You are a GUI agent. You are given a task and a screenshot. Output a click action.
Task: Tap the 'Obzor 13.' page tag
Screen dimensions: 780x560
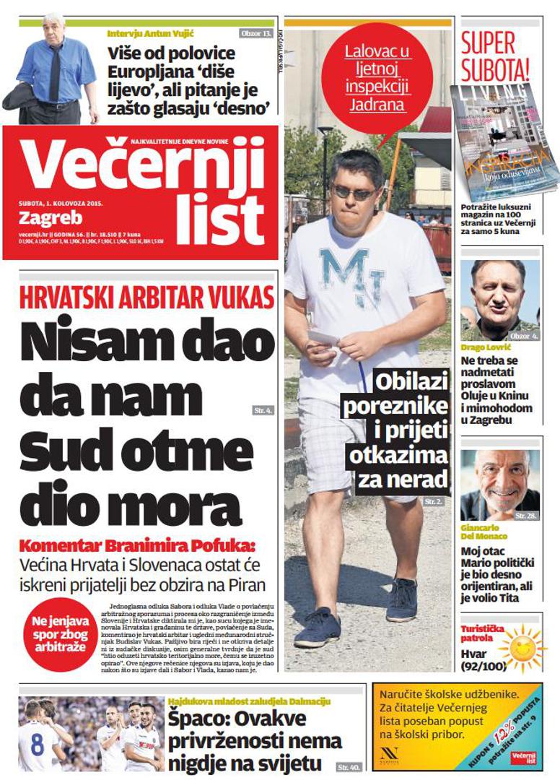[x=256, y=32]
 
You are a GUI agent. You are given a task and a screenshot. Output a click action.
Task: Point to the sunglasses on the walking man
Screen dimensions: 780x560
[x=354, y=192]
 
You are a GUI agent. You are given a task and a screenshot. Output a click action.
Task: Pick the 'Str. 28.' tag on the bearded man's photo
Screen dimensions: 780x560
[x=525, y=516]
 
